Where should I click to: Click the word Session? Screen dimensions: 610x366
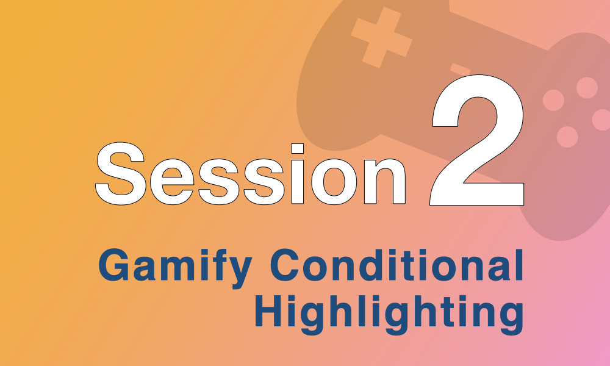click(x=251, y=174)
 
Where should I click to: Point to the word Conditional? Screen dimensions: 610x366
click(x=397, y=265)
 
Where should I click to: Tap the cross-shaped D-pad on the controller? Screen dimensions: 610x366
click(x=382, y=37)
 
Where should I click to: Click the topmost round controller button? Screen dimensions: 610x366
click(x=587, y=87)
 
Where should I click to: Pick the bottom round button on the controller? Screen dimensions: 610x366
click(x=567, y=137)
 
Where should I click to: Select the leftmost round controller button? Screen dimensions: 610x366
click(x=553, y=101)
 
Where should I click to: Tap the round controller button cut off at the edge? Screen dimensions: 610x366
click(x=601, y=120)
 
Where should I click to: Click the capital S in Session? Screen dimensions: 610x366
click(x=121, y=174)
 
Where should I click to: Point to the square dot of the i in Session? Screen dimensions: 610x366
click(x=298, y=149)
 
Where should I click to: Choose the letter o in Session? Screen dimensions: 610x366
click(x=334, y=182)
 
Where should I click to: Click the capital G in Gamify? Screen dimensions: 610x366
click(x=113, y=265)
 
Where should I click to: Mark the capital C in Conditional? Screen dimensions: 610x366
click(x=284, y=265)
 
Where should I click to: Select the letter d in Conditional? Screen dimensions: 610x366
click(x=373, y=265)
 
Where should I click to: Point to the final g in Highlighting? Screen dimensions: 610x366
click(x=509, y=318)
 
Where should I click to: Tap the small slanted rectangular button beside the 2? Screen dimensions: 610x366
click(x=461, y=69)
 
